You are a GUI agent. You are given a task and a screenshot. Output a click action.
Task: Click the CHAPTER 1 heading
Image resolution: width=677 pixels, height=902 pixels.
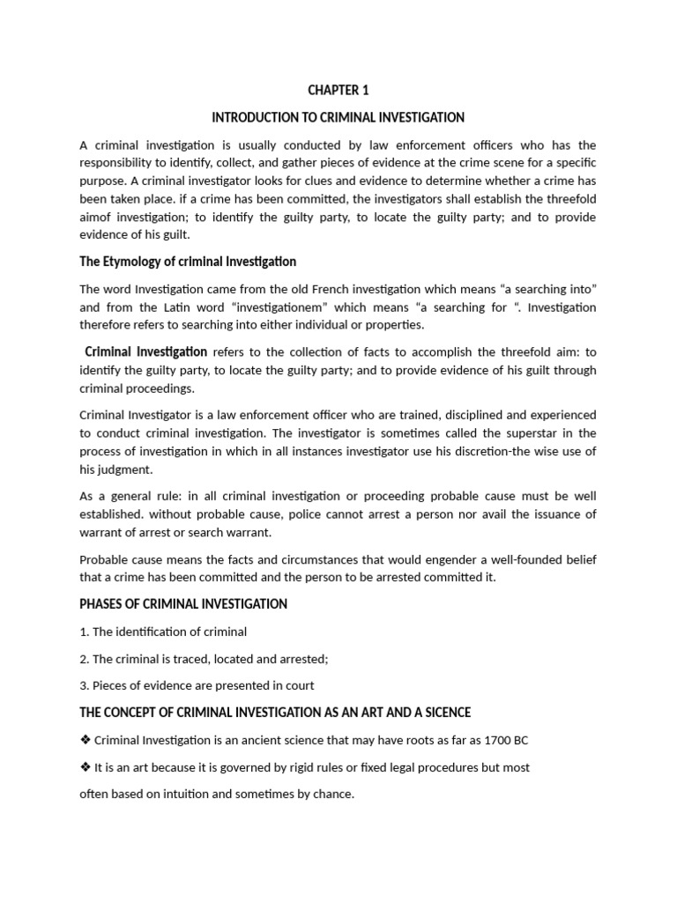point(338,90)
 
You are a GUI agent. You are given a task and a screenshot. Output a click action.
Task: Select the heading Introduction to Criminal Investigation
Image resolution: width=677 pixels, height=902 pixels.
point(338,117)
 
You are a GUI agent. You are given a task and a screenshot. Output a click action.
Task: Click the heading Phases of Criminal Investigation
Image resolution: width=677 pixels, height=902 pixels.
point(183,603)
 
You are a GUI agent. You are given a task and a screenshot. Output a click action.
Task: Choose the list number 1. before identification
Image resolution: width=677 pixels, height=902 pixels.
point(85,632)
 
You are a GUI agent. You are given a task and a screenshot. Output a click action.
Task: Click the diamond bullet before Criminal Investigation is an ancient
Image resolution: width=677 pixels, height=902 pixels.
point(85,740)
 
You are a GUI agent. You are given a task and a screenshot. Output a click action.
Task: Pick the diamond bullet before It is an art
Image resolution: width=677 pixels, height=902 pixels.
point(85,767)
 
